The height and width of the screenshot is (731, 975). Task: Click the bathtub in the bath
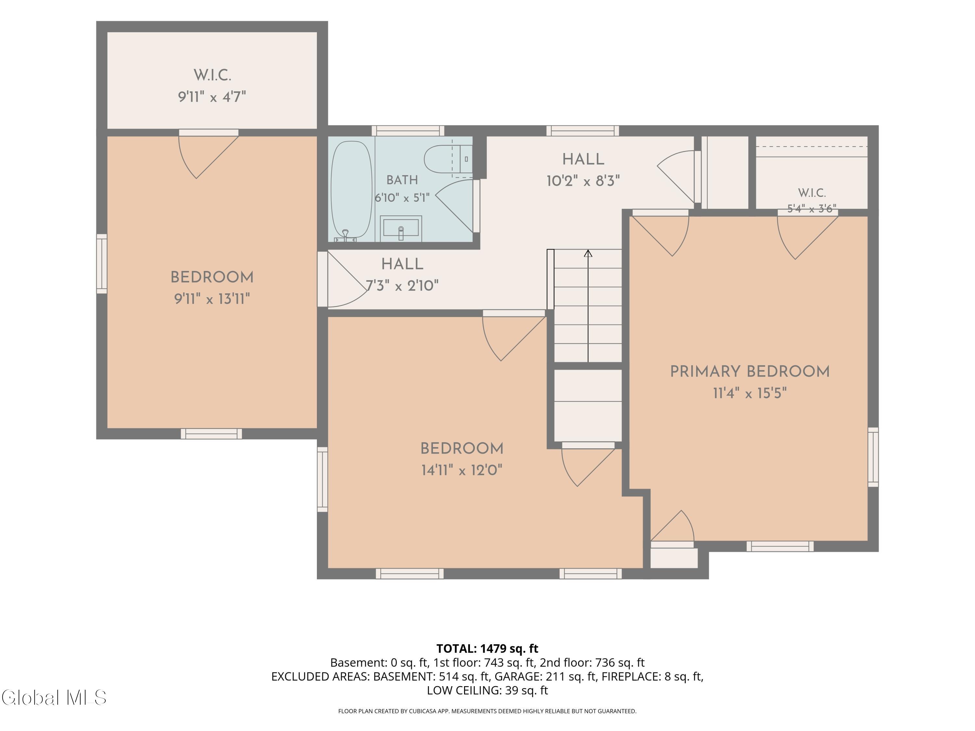[x=351, y=190]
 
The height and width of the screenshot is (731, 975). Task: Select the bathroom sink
[x=401, y=228]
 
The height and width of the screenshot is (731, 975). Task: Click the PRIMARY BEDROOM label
[x=750, y=371]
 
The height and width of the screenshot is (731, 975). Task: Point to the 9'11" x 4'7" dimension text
[x=212, y=96]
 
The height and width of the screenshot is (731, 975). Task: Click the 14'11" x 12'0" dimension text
[x=462, y=470]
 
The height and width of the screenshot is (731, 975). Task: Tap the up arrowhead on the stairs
[x=588, y=253]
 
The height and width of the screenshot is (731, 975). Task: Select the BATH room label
[x=402, y=180]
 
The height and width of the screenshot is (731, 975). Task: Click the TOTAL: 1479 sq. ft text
[x=487, y=648]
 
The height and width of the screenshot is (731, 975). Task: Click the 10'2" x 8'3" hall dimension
[x=583, y=181]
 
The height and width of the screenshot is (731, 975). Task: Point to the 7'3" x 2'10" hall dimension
[x=402, y=286]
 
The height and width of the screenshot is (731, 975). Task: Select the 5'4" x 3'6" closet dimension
[x=812, y=209]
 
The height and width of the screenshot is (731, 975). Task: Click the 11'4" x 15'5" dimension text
[x=750, y=393]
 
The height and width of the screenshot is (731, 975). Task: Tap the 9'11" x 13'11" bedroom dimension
[x=212, y=299]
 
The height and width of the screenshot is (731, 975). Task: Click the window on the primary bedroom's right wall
[x=873, y=457]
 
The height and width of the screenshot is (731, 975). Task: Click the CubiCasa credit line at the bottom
[x=487, y=711]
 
